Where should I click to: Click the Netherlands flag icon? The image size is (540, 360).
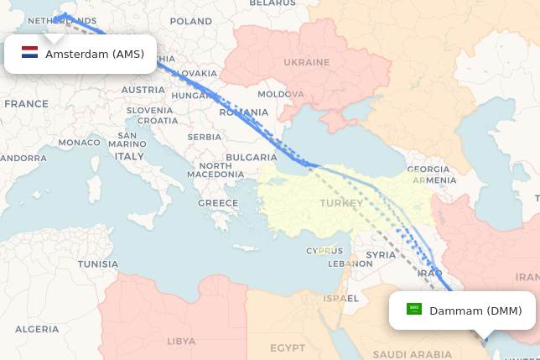[x=30, y=55]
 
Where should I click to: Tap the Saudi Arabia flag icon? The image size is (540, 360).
[x=414, y=310]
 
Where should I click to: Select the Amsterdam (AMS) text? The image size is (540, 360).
[x=95, y=55]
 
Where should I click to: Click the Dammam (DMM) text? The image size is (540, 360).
[x=475, y=310]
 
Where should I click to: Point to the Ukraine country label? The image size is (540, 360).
[x=306, y=62]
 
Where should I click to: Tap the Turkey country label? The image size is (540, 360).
[x=341, y=203]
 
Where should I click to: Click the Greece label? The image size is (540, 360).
[x=218, y=203]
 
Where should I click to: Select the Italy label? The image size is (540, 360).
[x=129, y=156]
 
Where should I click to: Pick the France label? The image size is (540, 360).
[x=26, y=104]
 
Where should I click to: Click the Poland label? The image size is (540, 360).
[x=190, y=21]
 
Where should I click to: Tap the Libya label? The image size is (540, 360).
[x=181, y=342]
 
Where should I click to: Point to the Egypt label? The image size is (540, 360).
[x=288, y=347]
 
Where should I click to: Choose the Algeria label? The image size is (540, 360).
[x=37, y=329]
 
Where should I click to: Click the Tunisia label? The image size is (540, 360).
[x=98, y=263]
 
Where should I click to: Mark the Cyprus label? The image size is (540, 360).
[x=324, y=251]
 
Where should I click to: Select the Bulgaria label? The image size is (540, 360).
[x=251, y=157]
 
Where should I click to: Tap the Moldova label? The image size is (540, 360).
[x=281, y=94]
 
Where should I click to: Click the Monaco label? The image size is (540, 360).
[x=79, y=143]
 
